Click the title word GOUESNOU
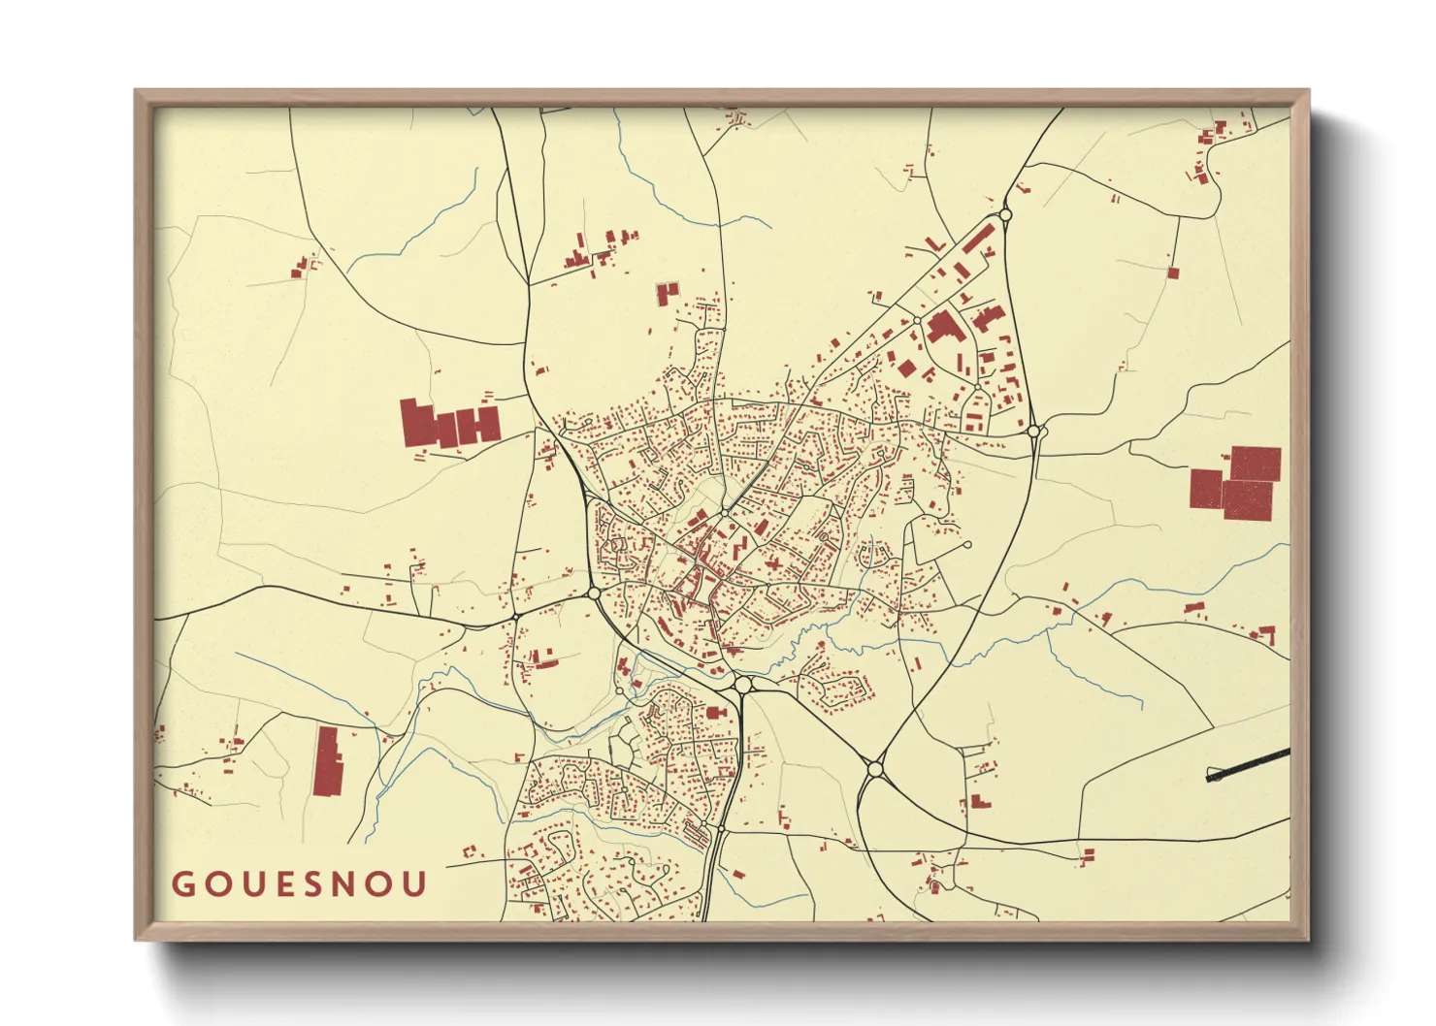pos(299,884)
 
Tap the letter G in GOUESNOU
pos(181,884)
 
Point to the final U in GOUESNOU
pos(416,884)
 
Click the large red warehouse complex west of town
pos(449,425)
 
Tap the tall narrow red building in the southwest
pos(328,761)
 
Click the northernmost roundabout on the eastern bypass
pos(1005,214)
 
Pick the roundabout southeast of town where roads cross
pos(876,768)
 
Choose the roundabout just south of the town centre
pos(743,686)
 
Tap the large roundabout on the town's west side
pos(595,593)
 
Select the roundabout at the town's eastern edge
pos(1034,431)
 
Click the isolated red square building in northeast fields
pos(1172,273)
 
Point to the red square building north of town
pos(667,293)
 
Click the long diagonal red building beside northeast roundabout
pos(977,237)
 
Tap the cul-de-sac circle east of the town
pos(966,545)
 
